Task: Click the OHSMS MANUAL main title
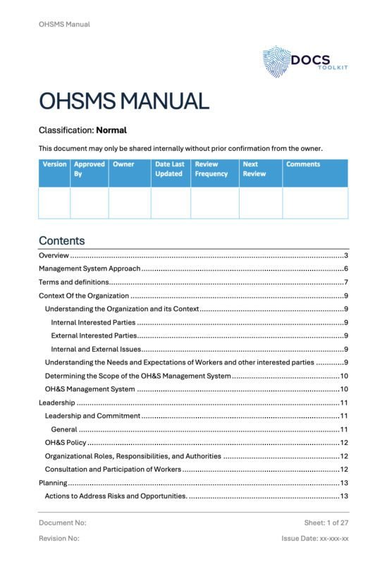(x=123, y=101)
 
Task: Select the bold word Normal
(x=111, y=130)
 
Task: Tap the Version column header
(x=54, y=164)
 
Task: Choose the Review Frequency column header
(x=211, y=168)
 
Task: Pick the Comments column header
(x=303, y=164)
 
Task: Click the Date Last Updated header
(x=169, y=168)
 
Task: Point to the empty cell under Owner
(x=129, y=202)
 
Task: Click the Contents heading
(x=61, y=240)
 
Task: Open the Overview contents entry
(x=54, y=255)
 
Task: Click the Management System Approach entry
(x=90, y=269)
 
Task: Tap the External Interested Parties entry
(x=94, y=336)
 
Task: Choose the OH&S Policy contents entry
(x=66, y=443)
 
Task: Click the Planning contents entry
(x=53, y=483)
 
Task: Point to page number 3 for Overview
(x=346, y=255)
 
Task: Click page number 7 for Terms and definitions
(x=346, y=282)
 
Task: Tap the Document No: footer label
(x=63, y=522)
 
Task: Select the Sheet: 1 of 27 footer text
(x=326, y=522)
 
